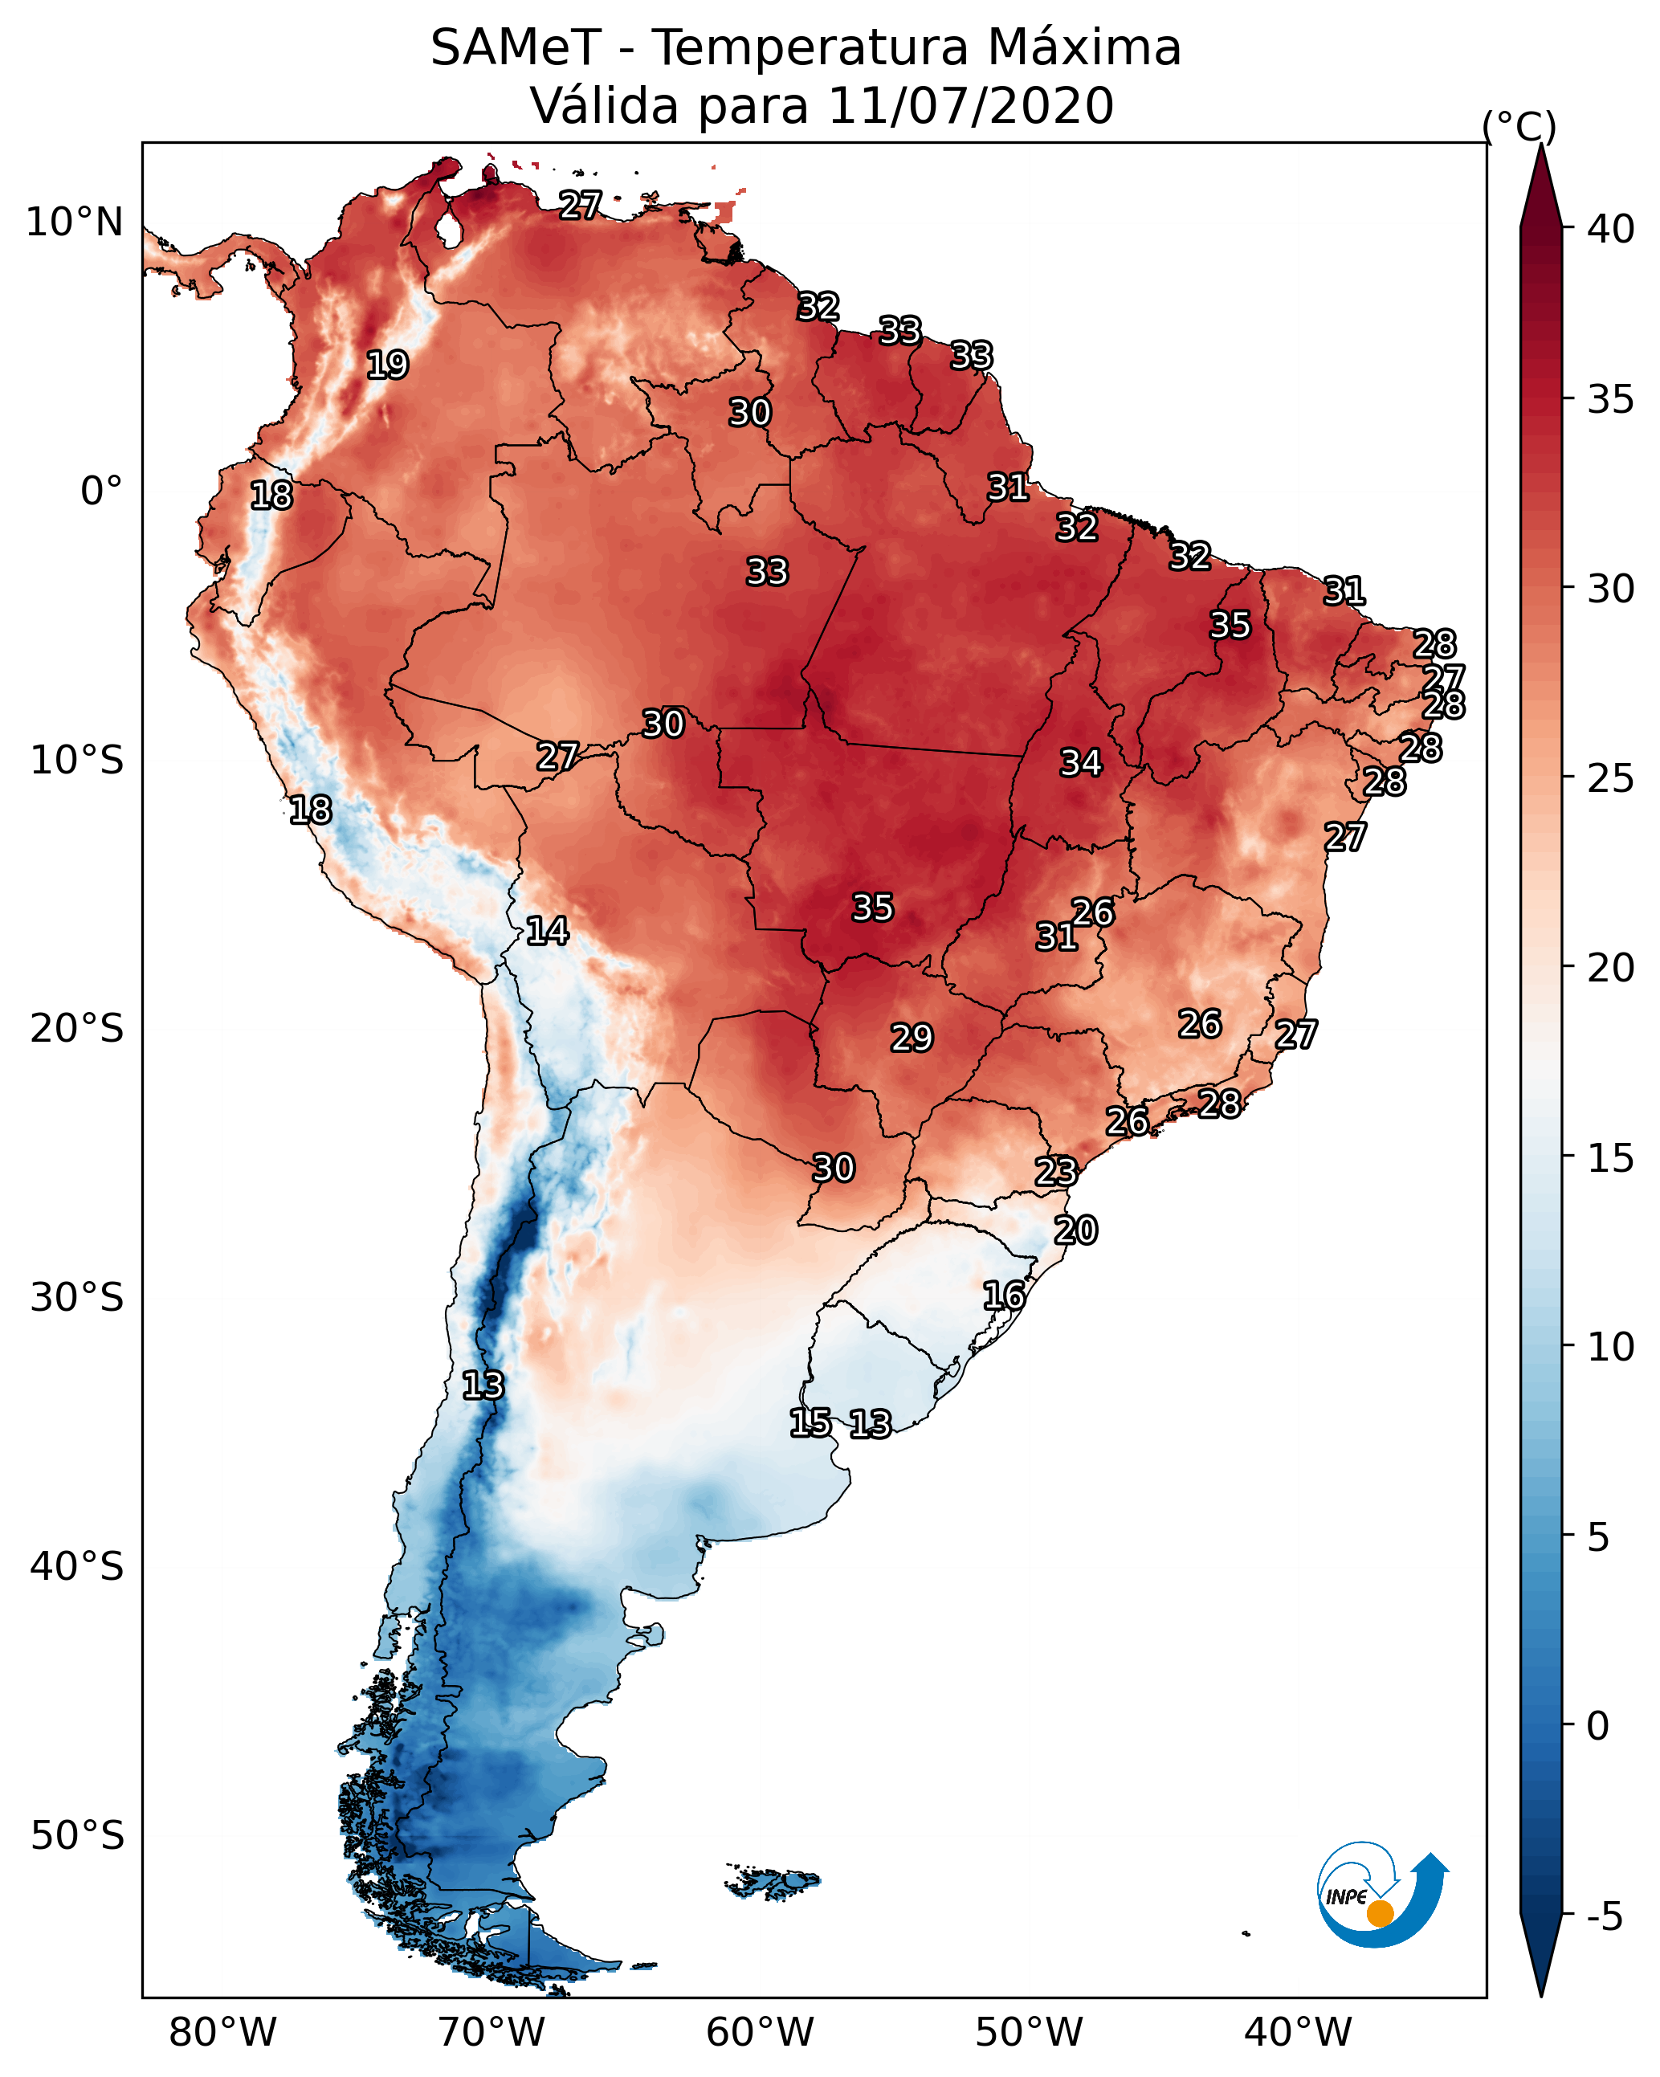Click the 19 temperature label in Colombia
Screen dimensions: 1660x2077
click(x=387, y=365)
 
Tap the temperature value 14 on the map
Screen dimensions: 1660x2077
click(x=547, y=931)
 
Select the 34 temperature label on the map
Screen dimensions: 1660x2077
click(x=1081, y=763)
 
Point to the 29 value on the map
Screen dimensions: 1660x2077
click(x=912, y=1038)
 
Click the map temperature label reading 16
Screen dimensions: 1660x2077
click(x=1004, y=1296)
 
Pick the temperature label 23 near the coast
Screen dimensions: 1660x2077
click(x=1056, y=1172)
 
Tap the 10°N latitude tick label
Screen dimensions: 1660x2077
click(x=74, y=222)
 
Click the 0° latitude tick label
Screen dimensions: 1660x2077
click(x=102, y=492)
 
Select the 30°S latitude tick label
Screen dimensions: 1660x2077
click(x=77, y=1298)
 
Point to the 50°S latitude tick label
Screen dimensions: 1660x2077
click(x=77, y=1836)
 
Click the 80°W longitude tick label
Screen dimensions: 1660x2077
click(x=222, y=2033)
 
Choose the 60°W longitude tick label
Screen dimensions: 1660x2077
click(x=761, y=2033)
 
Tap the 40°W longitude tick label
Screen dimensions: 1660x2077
click(x=1298, y=2033)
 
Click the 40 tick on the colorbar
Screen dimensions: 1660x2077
click(x=1611, y=229)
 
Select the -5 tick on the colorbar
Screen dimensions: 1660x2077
click(x=1605, y=1917)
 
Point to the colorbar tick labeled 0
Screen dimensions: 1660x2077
click(x=1598, y=1726)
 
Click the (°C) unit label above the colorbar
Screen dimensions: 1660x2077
click(x=1519, y=126)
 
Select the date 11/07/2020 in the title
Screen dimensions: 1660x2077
click(x=970, y=106)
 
